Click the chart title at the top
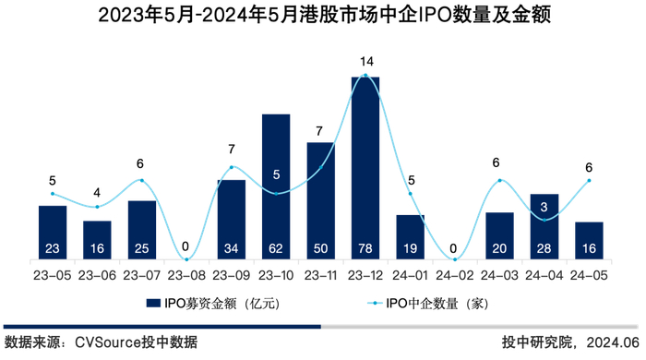click(x=323, y=17)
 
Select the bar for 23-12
click(x=365, y=166)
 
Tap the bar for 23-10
click(x=276, y=185)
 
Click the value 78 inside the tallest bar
click(x=365, y=247)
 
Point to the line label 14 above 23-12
click(x=365, y=62)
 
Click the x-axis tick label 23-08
click(x=186, y=275)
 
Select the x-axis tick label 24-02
click(x=455, y=275)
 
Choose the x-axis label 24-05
click(x=589, y=275)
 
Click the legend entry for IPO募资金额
click(x=212, y=302)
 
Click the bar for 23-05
click(x=53, y=231)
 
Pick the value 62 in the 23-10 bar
click(x=276, y=247)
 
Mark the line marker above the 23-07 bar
click(x=142, y=180)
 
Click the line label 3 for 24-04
click(x=544, y=207)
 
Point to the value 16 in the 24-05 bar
click(x=589, y=247)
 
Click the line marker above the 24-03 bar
click(x=499, y=180)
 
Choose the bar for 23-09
click(x=232, y=219)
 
